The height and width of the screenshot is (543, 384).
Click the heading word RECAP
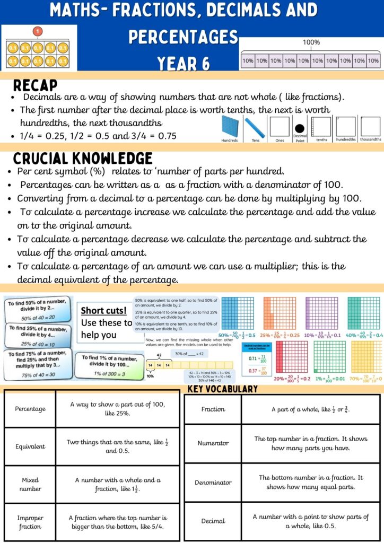pyautogui.click(x=35, y=85)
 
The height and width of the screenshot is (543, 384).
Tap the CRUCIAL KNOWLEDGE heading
pyautogui.click(x=82, y=159)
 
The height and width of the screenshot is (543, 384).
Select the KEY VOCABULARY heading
pyautogui.click(x=223, y=389)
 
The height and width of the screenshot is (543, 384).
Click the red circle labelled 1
pyautogui.click(x=38, y=31)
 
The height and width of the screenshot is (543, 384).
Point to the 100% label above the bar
pyautogui.click(x=311, y=42)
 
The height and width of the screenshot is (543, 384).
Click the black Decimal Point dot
pyautogui.click(x=300, y=129)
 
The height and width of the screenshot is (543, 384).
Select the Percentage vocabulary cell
pyautogui.click(x=30, y=409)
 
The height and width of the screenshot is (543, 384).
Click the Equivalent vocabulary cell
pyautogui.click(x=30, y=446)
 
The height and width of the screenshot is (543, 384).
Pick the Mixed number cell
pyautogui.click(x=30, y=484)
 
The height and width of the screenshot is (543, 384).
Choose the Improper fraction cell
pyautogui.click(x=30, y=522)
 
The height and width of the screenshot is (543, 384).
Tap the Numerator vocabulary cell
pyautogui.click(x=213, y=443)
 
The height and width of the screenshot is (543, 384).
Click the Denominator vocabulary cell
pyautogui.click(x=213, y=483)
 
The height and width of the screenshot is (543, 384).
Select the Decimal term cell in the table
pyautogui.click(x=213, y=521)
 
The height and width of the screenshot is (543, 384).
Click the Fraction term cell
pyautogui.click(x=213, y=409)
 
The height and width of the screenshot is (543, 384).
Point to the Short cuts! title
pyautogui.click(x=103, y=311)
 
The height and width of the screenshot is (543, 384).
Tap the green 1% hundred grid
pyautogui.click(x=329, y=357)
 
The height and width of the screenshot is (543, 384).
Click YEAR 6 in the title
pyautogui.click(x=183, y=64)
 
